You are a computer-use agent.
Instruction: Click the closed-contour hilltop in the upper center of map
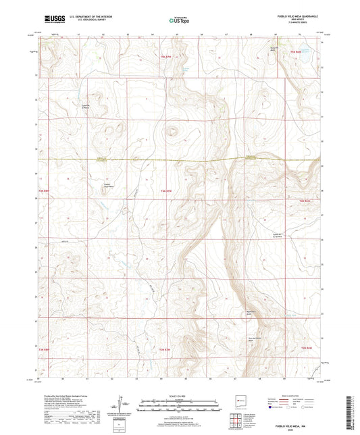[x=173, y=132]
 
